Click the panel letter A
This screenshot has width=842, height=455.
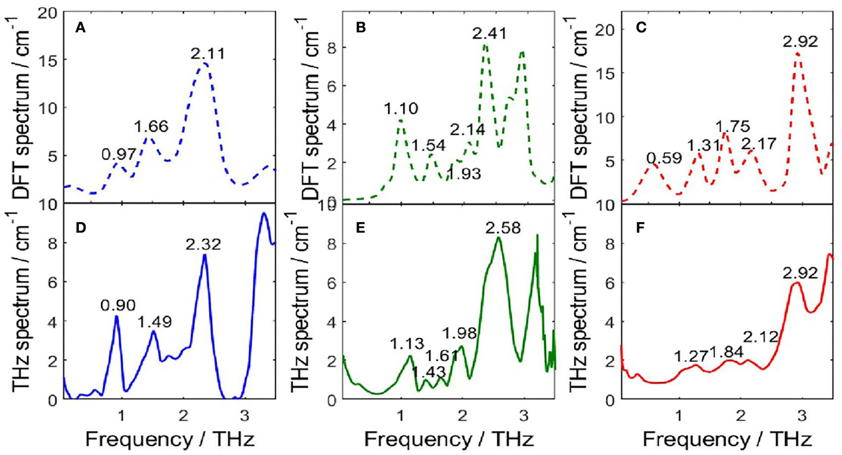click(81, 28)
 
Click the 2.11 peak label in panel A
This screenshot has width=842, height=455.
click(207, 53)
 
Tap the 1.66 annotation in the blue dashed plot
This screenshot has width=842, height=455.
click(151, 126)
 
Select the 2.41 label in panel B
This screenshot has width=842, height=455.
click(489, 34)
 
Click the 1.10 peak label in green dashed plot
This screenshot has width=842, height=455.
click(401, 109)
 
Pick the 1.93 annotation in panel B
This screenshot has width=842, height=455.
click(464, 174)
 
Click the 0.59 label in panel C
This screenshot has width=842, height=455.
click(664, 158)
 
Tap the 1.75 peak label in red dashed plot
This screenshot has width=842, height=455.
click(732, 126)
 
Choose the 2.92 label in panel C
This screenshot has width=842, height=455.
click(801, 41)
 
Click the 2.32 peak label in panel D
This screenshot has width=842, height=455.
click(204, 245)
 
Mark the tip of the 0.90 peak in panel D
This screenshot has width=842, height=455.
click(116, 316)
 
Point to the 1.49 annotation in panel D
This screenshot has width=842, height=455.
click(154, 322)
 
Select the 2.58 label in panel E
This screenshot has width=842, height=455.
click(503, 228)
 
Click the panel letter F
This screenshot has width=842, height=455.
click(641, 228)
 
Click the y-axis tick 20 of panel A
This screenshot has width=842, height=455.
click(48, 12)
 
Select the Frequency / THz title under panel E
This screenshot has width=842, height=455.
click(449, 439)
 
